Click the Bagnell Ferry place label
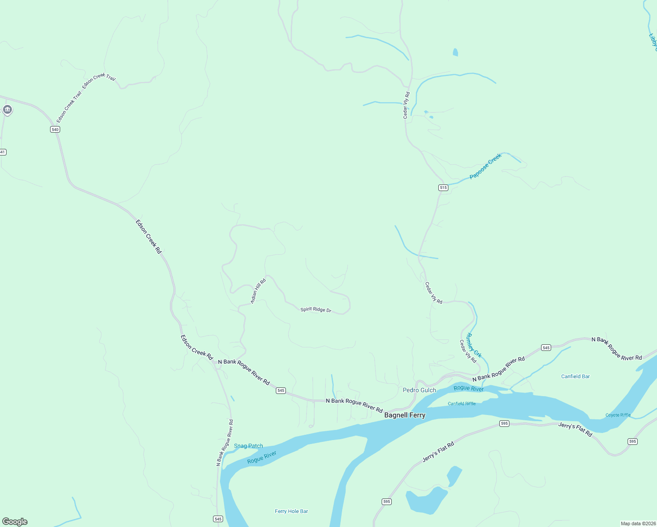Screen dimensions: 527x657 pos(404,415)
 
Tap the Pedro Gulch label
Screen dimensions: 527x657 pos(419,390)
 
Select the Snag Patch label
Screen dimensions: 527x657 pos(248,446)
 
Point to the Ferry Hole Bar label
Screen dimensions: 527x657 pos(291,511)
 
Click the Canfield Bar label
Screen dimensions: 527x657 pos(575,376)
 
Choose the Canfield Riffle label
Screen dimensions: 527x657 pos(462,404)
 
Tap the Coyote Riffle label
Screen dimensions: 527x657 pos(618,415)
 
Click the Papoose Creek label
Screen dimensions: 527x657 pos(485,166)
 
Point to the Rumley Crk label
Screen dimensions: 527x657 pos(474,345)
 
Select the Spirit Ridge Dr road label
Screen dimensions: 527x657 pos(316,310)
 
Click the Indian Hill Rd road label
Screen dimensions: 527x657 pos(258,291)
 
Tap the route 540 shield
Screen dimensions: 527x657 pos(54,129)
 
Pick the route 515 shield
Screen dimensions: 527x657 pos(443,188)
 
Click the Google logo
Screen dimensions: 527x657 pos(15,522)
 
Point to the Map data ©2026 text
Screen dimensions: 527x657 pos(638,523)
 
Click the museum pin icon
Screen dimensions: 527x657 pos(7,109)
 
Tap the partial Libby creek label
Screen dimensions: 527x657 pos(653,42)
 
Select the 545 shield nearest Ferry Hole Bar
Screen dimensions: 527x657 pos(218,519)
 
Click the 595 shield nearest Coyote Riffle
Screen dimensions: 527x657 pos(632,441)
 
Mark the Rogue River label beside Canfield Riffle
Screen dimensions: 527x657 pos(468,388)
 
